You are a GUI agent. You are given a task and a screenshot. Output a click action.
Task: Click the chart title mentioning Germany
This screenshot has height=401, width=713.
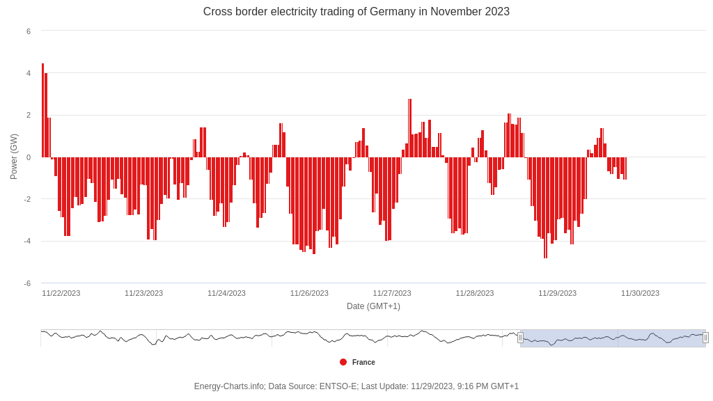tap(356, 12)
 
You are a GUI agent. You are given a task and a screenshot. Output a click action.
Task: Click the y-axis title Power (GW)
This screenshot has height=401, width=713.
tap(14, 157)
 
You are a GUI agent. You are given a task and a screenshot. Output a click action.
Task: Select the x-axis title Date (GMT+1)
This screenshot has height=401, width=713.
tap(373, 306)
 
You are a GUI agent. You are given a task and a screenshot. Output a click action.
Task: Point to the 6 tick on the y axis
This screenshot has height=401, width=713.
tap(29, 31)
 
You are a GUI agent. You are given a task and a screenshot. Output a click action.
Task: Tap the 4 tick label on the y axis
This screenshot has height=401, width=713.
tap(29, 73)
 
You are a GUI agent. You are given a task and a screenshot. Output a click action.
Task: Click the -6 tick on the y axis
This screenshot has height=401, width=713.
tap(28, 283)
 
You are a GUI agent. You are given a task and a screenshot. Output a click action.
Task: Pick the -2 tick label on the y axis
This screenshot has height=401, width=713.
tap(28, 199)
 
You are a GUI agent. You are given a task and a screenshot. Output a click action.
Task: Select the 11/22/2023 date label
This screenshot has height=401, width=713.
tap(61, 293)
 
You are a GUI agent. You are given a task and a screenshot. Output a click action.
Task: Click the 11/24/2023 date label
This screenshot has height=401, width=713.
tap(226, 293)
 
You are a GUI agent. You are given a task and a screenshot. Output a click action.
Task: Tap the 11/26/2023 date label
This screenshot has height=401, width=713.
tap(309, 293)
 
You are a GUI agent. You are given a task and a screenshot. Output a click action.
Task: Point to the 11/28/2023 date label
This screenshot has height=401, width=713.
tap(475, 293)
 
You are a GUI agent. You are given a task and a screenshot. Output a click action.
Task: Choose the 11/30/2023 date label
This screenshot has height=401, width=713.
tap(640, 293)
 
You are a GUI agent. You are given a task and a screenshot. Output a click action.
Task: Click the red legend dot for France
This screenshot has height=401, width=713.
tap(343, 362)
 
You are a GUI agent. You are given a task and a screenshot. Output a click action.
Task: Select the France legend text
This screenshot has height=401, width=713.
tap(363, 362)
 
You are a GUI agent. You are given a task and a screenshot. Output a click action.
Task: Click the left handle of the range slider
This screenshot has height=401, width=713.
tap(520, 338)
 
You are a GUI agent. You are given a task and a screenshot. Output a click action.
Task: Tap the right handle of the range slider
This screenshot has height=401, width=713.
tap(705, 338)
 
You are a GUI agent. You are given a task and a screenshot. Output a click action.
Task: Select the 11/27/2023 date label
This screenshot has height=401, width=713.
tap(392, 293)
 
